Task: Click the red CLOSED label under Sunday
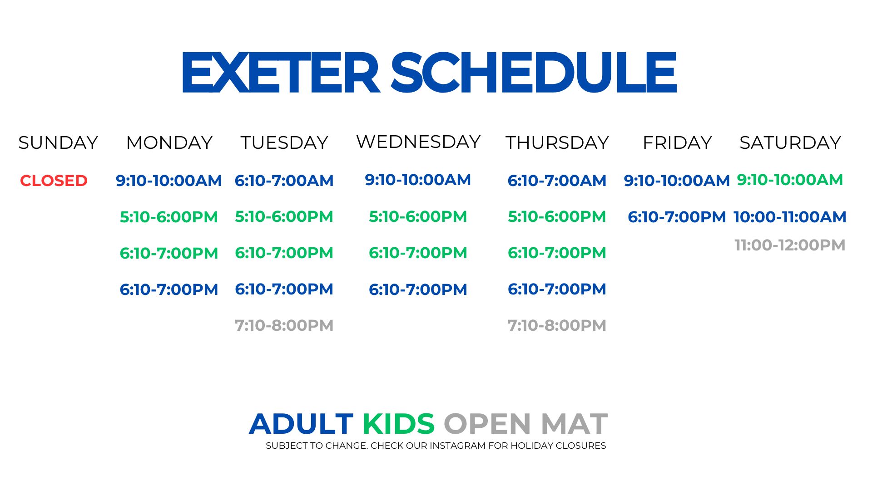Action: pyautogui.click(x=54, y=181)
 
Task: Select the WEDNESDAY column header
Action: pyautogui.click(x=418, y=142)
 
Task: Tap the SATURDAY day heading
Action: pyautogui.click(x=790, y=142)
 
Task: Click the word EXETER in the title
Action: pyautogui.click(x=281, y=72)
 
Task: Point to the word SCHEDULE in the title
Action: pyautogui.click(x=534, y=72)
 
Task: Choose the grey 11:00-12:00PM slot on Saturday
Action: pyautogui.click(x=790, y=245)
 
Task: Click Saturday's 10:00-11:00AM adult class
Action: pyautogui.click(x=790, y=217)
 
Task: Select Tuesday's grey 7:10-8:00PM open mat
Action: pyautogui.click(x=284, y=325)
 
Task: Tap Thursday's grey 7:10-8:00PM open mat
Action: pyautogui.click(x=557, y=325)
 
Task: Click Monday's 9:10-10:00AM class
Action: pyautogui.click(x=169, y=181)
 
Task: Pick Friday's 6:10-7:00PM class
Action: pyautogui.click(x=677, y=217)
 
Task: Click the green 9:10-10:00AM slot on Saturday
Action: pyautogui.click(x=790, y=180)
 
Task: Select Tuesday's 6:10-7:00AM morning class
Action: pyautogui.click(x=284, y=181)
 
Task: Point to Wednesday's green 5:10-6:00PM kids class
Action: pyautogui.click(x=418, y=216)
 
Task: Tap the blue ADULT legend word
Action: pyautogui.click(x=301, y=424)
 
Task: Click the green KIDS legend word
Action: pyautogui.click(x=398, y=424)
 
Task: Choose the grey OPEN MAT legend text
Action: pyautogui.click(x=525, y=424)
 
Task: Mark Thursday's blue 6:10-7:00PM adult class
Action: pyautogui.click(x=557, y=289)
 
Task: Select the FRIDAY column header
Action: pyautogui.click(x=677, y=142)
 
